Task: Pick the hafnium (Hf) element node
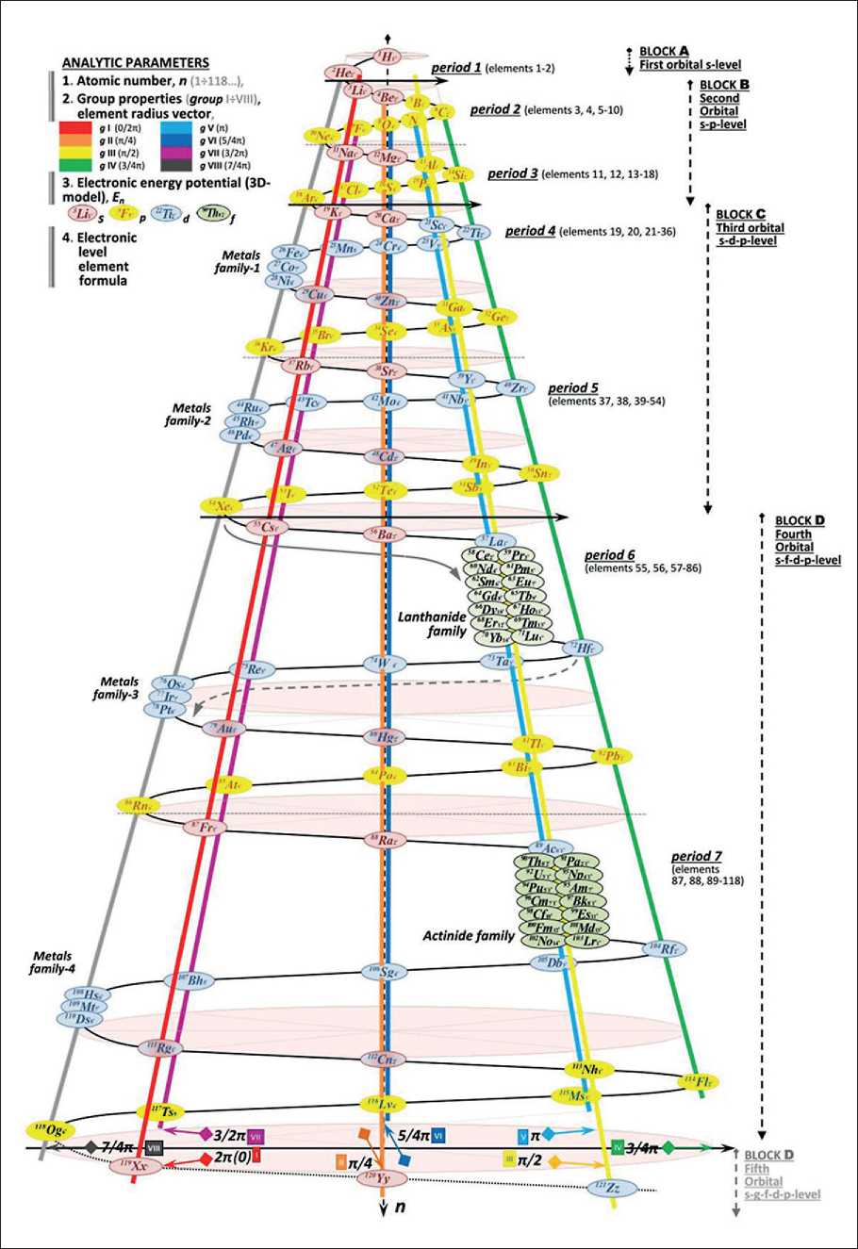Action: (584, 648)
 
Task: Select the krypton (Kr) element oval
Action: (268, 346)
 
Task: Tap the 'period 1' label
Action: (456, 69)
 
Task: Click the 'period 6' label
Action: (611, 556)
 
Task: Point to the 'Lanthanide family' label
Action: (433, 623)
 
